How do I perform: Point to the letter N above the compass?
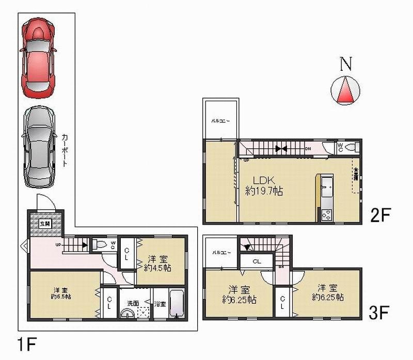[x=346, y=64]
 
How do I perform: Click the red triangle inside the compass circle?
[x=346, y=90]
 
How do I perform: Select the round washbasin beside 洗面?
[x=127, y=315]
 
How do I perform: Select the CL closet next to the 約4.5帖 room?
[x=127, y=253]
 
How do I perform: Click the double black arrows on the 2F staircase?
[x=281, y=149]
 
